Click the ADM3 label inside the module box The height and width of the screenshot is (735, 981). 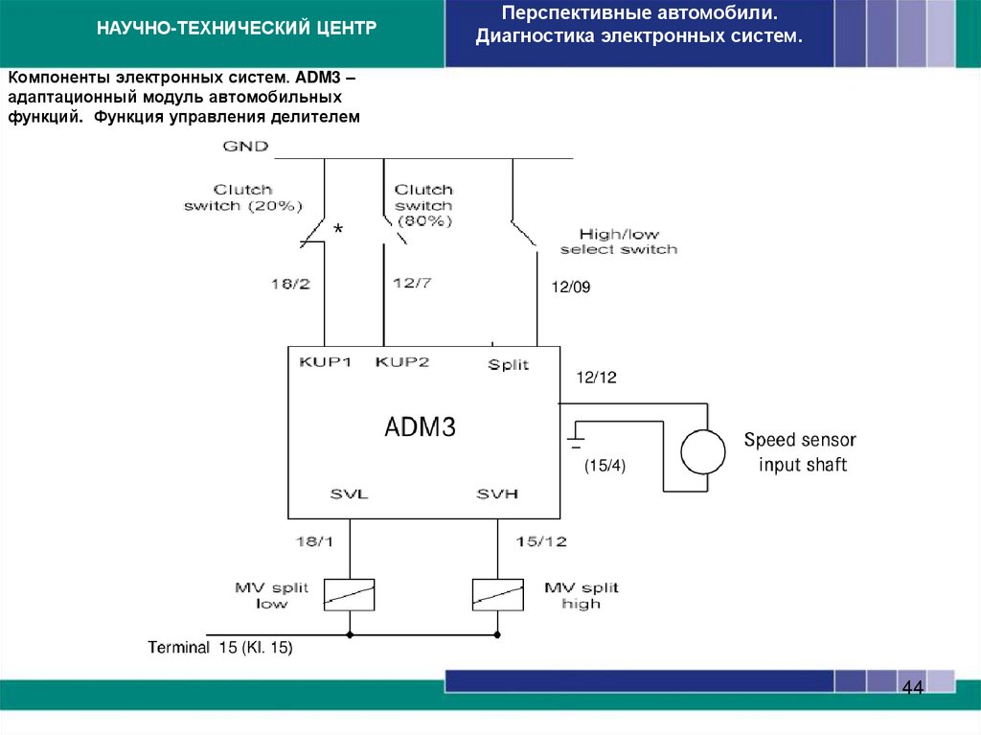click(x=420, y=427)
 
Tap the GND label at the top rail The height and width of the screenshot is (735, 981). click(x=245, y=147)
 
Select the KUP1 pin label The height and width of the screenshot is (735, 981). click(x=326, y=362)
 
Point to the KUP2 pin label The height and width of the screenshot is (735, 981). click(x=402, y=362)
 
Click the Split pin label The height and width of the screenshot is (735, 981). click(x=508, y=365)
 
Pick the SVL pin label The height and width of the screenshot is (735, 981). click(x=349, y=494)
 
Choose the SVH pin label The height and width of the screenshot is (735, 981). click(x=497, y=494)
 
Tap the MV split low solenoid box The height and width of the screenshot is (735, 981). click(x=349, y=595)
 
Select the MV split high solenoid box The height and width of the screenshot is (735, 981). click(x=498, y=595)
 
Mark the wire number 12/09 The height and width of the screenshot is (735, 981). click(x=571, y=287)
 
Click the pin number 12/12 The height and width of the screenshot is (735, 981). click(x=596, y=378)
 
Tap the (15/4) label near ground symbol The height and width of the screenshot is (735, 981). click(x=605, y=466)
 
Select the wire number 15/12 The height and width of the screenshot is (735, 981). click(x=541, y=542)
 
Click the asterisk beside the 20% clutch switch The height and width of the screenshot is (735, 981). click(x=337, y=231)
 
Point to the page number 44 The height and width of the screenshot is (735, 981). click(x=912, y=689)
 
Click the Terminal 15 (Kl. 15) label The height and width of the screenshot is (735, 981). click(x=220, y=648)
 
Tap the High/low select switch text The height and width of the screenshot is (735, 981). click(x=618, y=241)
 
